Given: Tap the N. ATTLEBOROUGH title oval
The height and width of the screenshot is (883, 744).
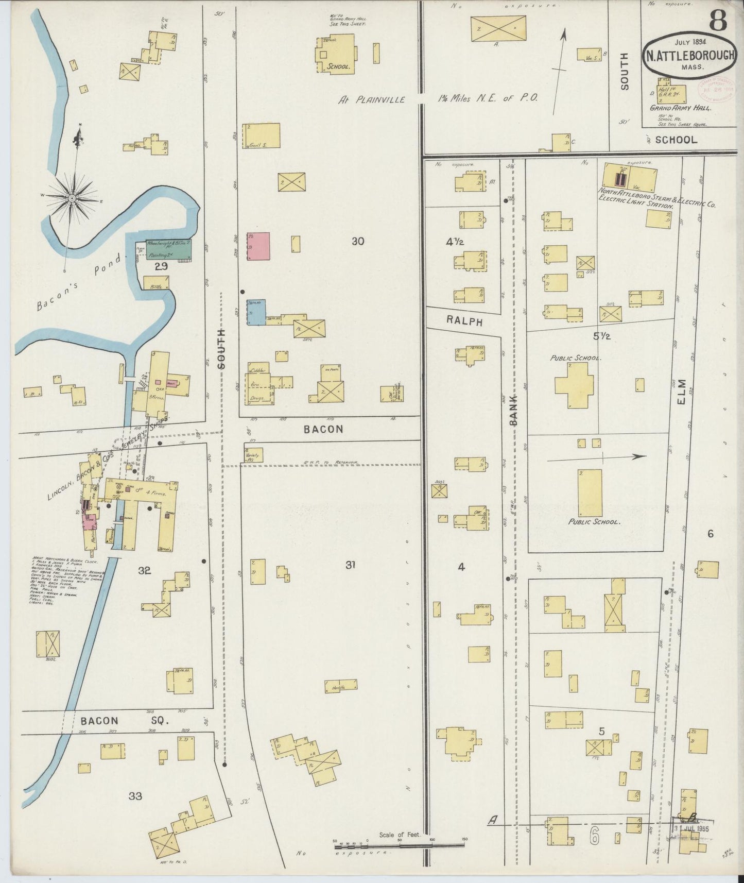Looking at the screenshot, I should point(687,55).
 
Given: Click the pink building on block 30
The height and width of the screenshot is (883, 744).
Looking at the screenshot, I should point(258,246).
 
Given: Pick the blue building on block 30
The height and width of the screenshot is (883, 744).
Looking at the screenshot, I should point(255,312).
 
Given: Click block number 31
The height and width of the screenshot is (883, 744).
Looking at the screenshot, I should point(350,565).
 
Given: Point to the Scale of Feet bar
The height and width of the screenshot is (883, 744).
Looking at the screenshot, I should point(400,844).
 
